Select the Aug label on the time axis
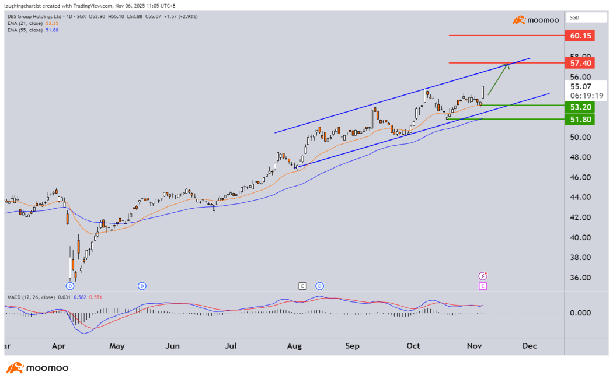[x=294, y=346]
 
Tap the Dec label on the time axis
[x=530, y=346]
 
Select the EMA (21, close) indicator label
[x=29, y=23]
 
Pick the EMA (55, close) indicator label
[x=29, y=30]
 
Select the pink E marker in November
[x=483, y=286]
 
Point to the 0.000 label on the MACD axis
[x=582, y=313]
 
